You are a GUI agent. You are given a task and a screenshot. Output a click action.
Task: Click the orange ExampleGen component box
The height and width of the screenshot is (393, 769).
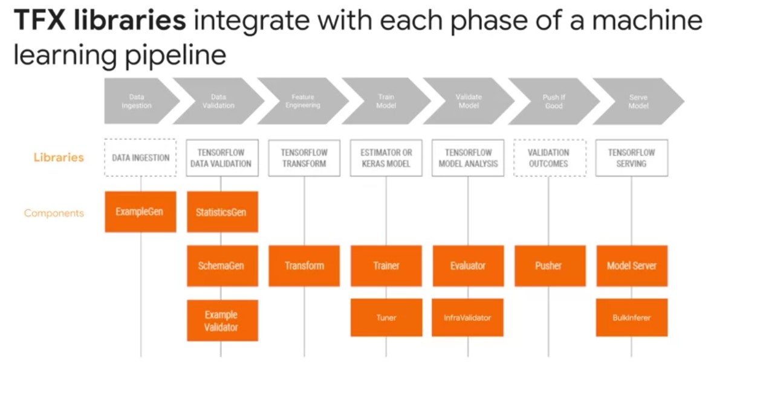click(x=140, y=212)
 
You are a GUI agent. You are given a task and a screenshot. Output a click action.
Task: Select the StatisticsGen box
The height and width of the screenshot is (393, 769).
click(x=222, y=212)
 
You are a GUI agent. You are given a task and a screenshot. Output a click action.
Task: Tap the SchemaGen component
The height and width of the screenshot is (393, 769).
click(x=222, y=266)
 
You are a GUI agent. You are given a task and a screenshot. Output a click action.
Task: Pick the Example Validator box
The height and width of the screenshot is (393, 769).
click(x=222, y=321)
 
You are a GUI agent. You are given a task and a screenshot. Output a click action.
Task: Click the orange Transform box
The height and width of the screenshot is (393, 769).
click(x=304, y=266)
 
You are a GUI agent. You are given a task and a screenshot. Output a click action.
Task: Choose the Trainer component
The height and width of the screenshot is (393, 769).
click(x=386, y=266)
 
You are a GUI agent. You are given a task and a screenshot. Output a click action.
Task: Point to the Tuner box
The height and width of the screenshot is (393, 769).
click(x=386, y=318)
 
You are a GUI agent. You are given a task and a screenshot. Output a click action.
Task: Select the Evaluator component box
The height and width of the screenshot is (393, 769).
click(x=468, y=266)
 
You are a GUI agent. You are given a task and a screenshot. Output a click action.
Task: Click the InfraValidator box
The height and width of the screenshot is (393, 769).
click(x=468, y=318)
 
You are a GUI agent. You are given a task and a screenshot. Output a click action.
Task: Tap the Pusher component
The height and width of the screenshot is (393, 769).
click(x=550, y=266)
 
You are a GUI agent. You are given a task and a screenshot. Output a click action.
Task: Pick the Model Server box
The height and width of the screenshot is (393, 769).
click(x=632, y=266)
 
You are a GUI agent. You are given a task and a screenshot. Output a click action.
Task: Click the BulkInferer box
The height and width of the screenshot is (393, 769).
click(x=632, y=318)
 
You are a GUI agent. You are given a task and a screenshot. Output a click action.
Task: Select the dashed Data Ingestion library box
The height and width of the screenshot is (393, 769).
click(x=140, y=158)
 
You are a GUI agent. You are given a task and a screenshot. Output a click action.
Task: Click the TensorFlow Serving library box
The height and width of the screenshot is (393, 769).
click(x=632, y=158)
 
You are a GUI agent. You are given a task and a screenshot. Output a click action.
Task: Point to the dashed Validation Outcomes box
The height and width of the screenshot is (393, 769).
click(x=550, y=158)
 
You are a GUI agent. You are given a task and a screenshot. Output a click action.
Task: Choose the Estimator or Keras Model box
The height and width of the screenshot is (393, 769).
click(x=386, y=158)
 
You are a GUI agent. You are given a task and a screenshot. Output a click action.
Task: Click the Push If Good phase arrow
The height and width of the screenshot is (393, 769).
click(x=553, y=101)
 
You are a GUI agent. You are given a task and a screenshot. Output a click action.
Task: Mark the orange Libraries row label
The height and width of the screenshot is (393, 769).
click(x=59, y=158)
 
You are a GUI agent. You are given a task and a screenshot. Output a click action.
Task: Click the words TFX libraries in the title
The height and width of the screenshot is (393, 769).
click(x=100, y=21)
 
